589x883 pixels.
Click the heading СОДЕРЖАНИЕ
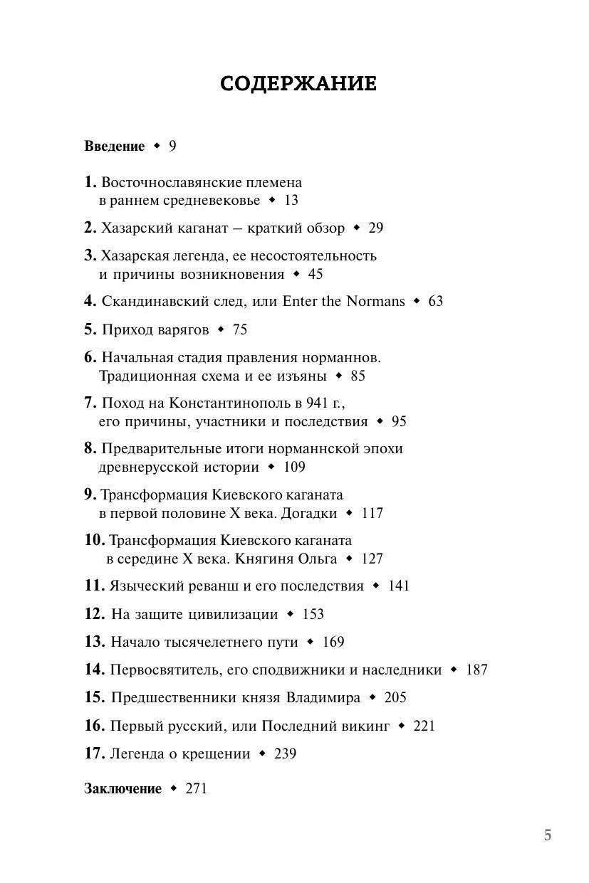tap(298, 84)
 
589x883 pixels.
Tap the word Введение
tap(114, 147)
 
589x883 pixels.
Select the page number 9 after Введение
tap(172, 147)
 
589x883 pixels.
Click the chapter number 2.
tap(90, 228)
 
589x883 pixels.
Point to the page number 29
tap(375, 228)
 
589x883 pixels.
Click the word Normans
tap(375, 301)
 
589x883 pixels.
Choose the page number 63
tap(435, 301)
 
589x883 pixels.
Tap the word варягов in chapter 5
tap(184, 329)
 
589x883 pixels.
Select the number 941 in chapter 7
tap(316, 403)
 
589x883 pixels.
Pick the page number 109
tap(293, 467)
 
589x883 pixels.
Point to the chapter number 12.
tap(95, 613)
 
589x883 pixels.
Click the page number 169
tap(333, 642)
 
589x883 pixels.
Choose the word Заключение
tap(123, 788)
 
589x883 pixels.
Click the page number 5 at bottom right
tap(548, 835)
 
